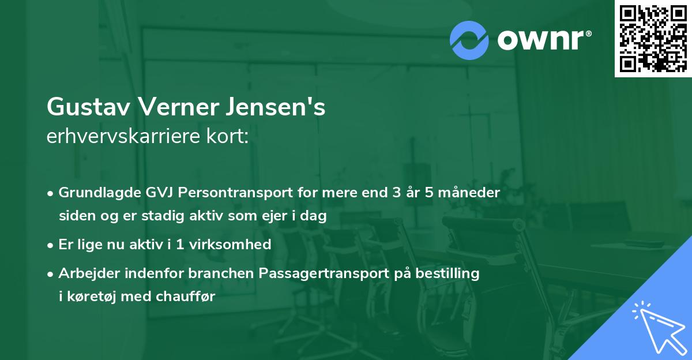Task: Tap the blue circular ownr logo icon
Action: click(x=469, y=40)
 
